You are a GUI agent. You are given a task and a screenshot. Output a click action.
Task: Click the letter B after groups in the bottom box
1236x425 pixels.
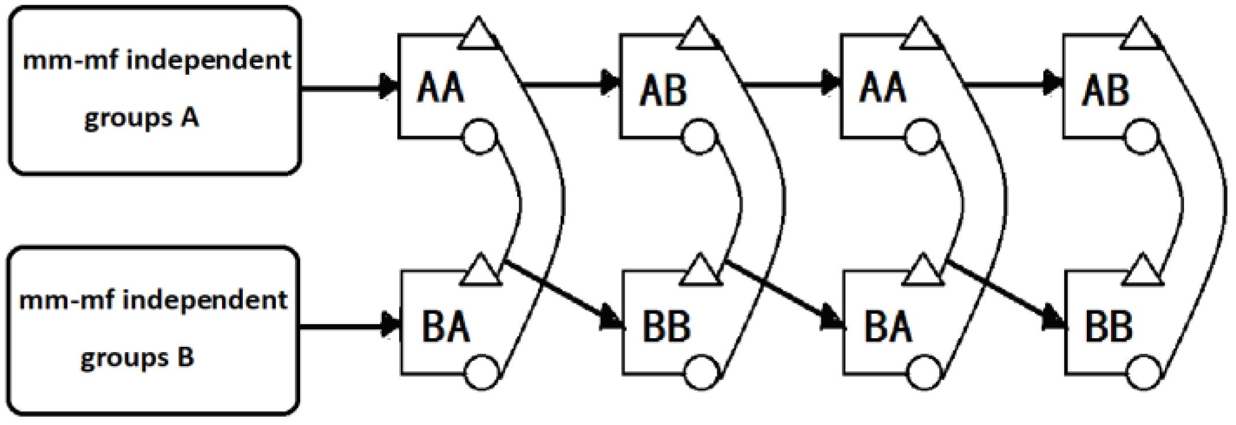(x=185, y=357)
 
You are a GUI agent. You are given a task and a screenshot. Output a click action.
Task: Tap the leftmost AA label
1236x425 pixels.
(x=441, y=89)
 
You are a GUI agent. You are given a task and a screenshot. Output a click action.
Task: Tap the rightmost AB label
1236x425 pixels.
(x=1105, y=91)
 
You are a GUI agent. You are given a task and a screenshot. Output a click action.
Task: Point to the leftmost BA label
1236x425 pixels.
(x=445, y=327)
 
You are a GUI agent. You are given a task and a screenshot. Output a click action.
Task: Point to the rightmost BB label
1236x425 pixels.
(x=1108, y=327)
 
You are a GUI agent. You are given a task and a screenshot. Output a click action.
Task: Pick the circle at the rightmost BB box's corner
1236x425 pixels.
(x=1143, y=373)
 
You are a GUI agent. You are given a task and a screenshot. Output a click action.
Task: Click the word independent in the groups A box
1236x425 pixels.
(x=208, y=60)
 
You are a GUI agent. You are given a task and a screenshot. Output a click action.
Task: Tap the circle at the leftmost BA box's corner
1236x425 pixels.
(x=481, y=373)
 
